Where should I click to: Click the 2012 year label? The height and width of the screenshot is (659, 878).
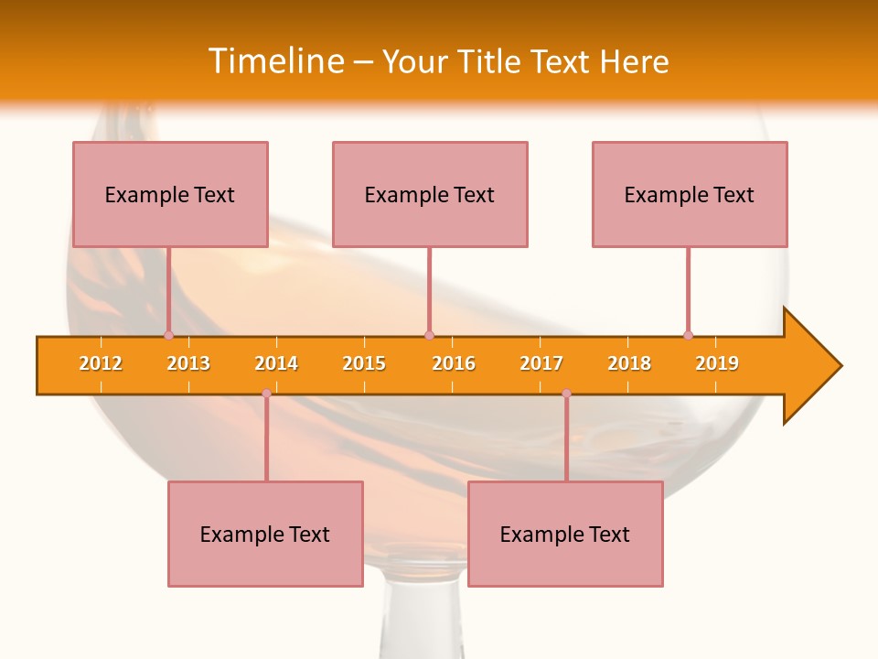(x=101, y=363)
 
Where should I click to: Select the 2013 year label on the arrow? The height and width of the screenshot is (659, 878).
(x=188, y=363)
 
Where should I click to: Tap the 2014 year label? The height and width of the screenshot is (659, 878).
(x=276, y=363)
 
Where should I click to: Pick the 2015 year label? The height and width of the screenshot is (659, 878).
(x=364, y=363)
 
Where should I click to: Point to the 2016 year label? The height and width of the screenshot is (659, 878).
(x=454, y=363)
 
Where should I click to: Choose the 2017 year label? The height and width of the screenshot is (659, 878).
(x=541, y=363)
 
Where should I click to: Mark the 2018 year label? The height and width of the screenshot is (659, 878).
(x=629, y=363)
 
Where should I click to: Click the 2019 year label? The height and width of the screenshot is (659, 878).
(x=717, y=363)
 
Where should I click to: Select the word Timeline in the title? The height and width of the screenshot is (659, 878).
(x=275, y=61)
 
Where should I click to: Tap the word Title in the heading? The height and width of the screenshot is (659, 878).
(x=489, y=61)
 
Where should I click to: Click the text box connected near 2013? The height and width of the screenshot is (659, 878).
(x=170, y=194)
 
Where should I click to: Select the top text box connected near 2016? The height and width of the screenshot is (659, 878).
(x=430, y=194)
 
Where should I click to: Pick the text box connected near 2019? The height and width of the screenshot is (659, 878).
(x=690, y=194)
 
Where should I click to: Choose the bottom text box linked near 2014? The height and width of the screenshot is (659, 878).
(x=265, y=534)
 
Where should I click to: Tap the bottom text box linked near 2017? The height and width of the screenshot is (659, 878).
(x=565, y=534)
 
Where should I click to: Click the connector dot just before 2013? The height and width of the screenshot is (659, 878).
(x=168, y=335)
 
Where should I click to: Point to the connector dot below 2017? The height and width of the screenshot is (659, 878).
(x=566, y=394)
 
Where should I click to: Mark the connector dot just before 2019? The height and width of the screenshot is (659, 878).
(x=688, y=335)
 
